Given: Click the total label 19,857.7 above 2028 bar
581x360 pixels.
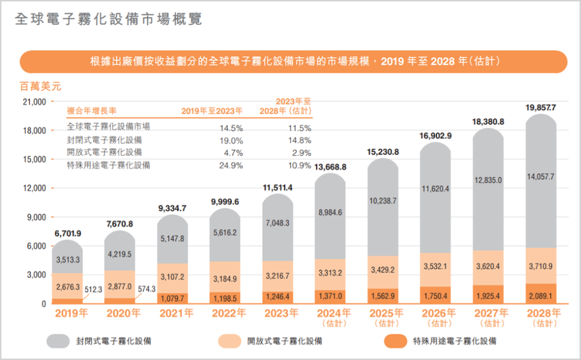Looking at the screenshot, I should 541,108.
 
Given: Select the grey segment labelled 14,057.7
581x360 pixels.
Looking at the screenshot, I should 541,176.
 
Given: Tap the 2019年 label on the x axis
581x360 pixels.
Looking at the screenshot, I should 68,314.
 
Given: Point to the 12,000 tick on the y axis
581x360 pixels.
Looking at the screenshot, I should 33,188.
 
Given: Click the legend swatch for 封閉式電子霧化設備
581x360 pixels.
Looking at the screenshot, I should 58,341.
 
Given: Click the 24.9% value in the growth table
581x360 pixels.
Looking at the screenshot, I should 232,166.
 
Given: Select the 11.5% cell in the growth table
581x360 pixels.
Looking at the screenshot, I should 300,128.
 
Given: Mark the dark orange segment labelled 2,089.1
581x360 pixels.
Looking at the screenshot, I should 541,295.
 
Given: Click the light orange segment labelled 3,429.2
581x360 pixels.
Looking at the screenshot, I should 383,269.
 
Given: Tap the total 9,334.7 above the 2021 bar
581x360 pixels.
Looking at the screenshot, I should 173,208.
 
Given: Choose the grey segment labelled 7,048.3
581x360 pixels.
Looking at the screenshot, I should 278,223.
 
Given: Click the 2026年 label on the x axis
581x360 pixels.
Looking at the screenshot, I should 435,314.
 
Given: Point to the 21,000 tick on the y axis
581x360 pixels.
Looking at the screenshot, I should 33,102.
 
